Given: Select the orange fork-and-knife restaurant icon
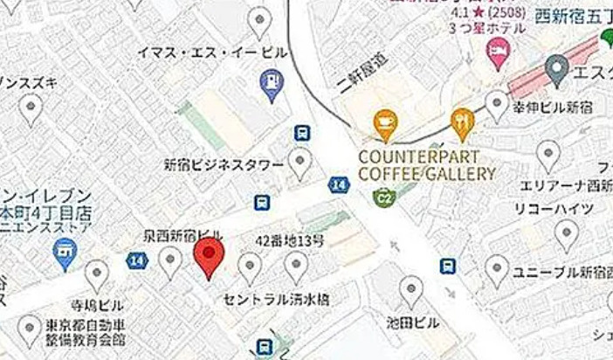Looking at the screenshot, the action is (461, 123).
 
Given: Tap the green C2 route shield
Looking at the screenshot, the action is (382, 197).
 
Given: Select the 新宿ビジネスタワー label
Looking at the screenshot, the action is (224, 164).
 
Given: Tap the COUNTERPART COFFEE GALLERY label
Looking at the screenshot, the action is (426, 166).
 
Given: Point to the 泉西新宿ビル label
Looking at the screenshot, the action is (183, 236).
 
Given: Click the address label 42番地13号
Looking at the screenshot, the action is (290, 240).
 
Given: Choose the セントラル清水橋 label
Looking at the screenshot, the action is (278, 299).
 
